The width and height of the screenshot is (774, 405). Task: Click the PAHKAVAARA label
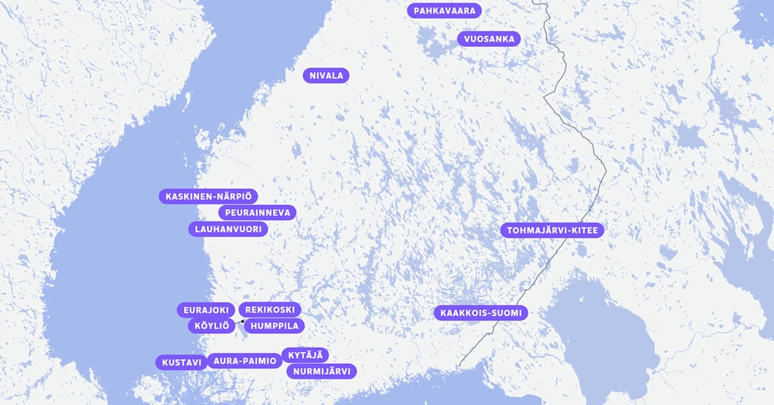pyautogui.click(x=445, y=10)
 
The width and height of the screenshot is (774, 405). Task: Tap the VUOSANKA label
pyautogui.click(x=489, y=39)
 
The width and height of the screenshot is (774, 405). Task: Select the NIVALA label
pyautogui.click(x=326, y=75)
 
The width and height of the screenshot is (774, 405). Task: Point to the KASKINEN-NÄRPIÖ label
pyautogui.click(x=208, y=196)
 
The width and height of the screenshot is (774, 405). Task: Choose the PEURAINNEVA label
pyautogui.click(x=257, y=212)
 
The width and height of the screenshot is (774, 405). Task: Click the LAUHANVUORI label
pyautogui.click(x=228, y=229)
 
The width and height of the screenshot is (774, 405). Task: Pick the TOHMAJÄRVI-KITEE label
pyautogui.click(x=552, y=230)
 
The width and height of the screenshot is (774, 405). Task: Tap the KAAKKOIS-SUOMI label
pyautogui.click(x=481, y=313)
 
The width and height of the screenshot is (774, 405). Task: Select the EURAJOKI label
pyautogui.click(x=206, y=310)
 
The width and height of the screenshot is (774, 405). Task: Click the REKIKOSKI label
pyautogui.click(x=270, y=310)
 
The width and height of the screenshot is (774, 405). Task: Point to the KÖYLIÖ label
pyautogui.click(x=212, y=326)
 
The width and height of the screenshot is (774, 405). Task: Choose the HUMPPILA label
pyautogui.click(x=274, y=326)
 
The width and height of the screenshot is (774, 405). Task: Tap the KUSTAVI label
pyautogui.click(x=181, y=362)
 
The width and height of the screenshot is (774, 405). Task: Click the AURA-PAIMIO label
pyautogui.click(x=244, y=361)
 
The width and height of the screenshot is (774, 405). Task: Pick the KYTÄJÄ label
pyautogui.click(x=305, y=355)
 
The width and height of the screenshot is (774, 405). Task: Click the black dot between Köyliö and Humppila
pyautogui.click(x=243, y=321)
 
